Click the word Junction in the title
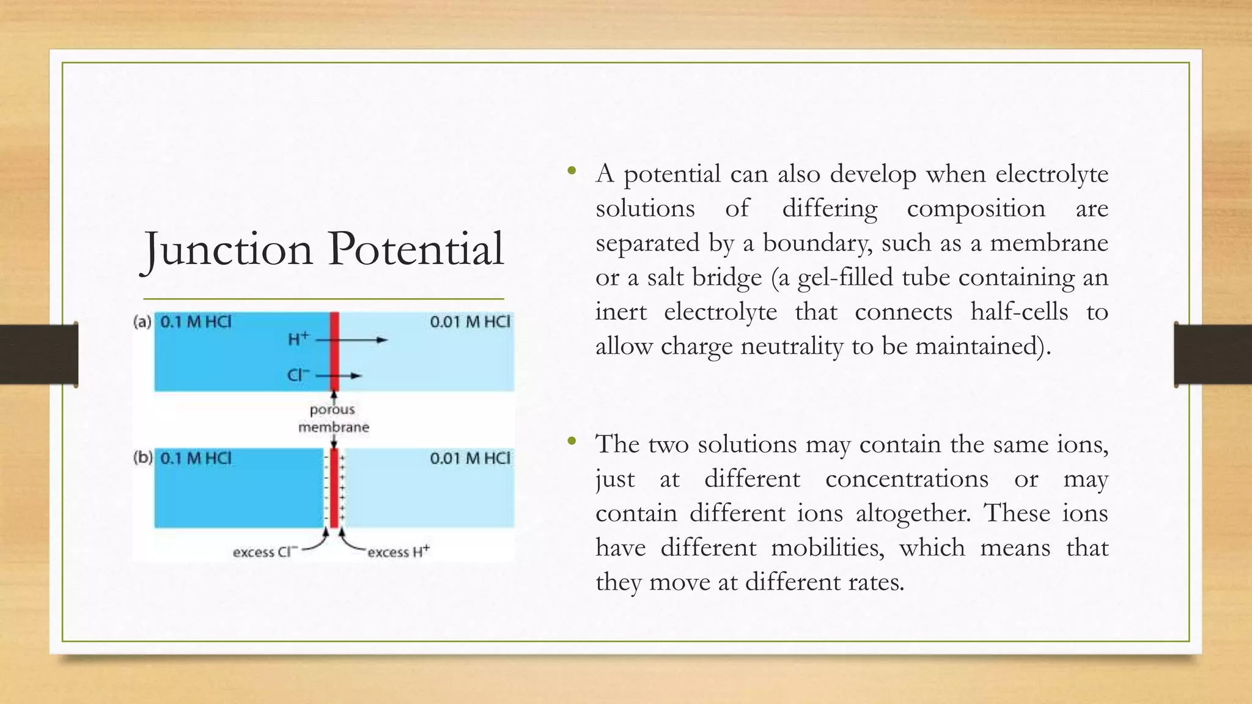(227, 249)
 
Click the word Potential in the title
(416, 249)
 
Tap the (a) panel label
(142, 322)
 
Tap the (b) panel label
(142, 458)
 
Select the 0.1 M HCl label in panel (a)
(196, 322)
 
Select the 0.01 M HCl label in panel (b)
(469, 458)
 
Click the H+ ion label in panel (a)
(298, 339)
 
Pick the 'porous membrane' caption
(333, 418)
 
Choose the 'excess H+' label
(398, 552)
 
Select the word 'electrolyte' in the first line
(1051, 174)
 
